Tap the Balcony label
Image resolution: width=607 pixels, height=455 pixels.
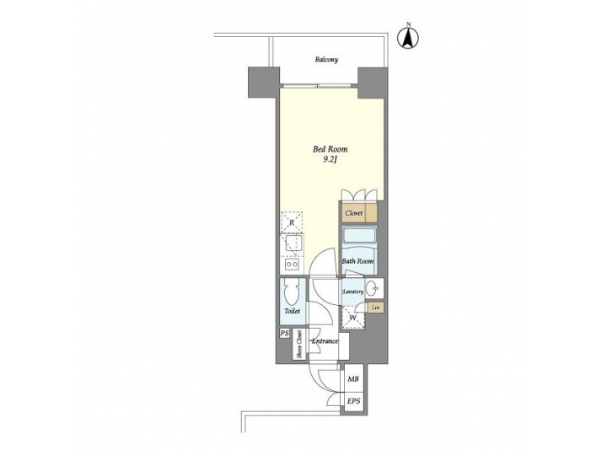(327, 60)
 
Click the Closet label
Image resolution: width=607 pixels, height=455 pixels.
(354, 214)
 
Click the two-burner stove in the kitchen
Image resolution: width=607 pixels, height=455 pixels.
(292, 264)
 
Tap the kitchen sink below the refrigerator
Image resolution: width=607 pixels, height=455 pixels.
(292, 244)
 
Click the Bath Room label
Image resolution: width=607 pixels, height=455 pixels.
(357, 261)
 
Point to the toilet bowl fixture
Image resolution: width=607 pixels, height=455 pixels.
(293, 295)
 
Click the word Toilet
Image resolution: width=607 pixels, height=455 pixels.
(292, 312)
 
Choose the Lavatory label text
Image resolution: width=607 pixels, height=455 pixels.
(352, 292)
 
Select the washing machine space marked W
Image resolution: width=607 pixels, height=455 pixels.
(353, 317)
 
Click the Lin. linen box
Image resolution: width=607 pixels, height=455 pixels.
(376, 308)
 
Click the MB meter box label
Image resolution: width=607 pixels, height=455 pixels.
(353, 380)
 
